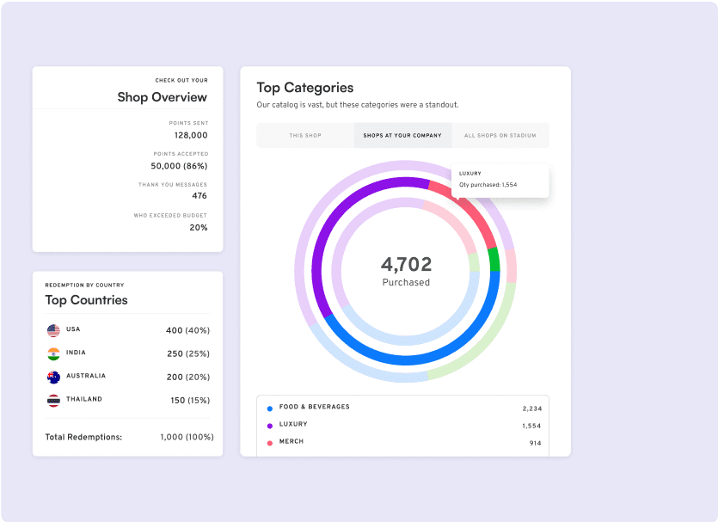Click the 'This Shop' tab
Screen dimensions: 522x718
[305, 135]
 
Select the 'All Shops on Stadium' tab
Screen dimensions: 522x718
[500, 135]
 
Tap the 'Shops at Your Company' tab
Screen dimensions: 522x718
[402, 135]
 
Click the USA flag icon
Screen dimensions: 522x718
[53, 330]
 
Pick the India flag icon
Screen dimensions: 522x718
[53, 353]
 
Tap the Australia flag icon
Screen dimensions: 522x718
[53, 377]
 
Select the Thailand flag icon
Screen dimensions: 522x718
[53, 400]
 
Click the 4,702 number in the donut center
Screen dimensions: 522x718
[406, 265]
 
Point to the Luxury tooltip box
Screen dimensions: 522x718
[500, 180]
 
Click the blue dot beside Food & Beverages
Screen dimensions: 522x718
[269, 408]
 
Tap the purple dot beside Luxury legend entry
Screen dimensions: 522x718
[269, 426]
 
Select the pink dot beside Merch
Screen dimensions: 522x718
[269, 443]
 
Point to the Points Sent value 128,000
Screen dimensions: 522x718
[190, 135]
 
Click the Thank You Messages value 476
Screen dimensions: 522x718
[199, 196]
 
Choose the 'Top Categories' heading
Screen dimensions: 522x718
[304, 88]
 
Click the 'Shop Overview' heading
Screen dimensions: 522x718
[162, 97]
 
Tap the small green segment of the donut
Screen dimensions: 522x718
[494, 259]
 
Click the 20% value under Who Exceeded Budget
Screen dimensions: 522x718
[198, 227]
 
